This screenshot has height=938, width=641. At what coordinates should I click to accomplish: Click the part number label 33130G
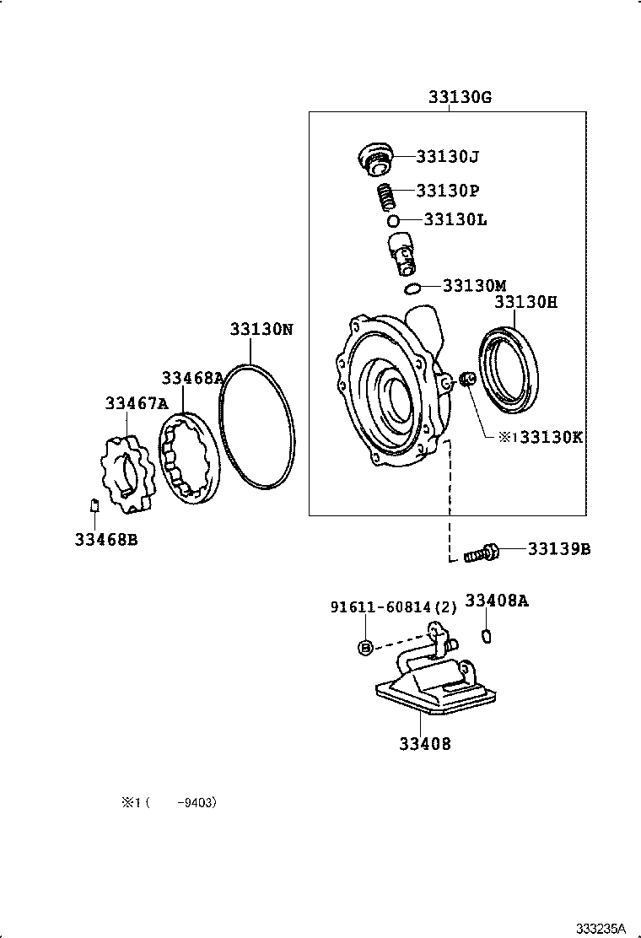tap(460, 98)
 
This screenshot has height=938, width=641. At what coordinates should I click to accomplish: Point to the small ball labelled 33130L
tap(393, 221)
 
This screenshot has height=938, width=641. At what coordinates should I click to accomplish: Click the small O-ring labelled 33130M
tap(412, 289)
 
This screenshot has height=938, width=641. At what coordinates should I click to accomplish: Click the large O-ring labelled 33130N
tap(256, 427)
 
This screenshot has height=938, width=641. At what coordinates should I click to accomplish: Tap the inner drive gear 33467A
tap(127, 474)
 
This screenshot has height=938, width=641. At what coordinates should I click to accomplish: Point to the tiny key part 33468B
tap(94, 505)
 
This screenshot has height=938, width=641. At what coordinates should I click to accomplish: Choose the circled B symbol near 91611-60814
tap(365, 647)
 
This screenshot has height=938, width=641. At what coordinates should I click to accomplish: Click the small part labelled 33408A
tap(486, 635)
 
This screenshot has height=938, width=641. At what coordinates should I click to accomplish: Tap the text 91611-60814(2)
tap(393, 606)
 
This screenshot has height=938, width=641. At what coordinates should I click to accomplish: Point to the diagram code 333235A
tap(601, 928)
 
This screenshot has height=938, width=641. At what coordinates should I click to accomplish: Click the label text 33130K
tap(552, 437)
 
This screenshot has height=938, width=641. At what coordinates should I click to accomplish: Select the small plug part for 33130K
tap(469, 380)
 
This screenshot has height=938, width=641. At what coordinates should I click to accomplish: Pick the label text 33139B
tap(559, 549)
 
